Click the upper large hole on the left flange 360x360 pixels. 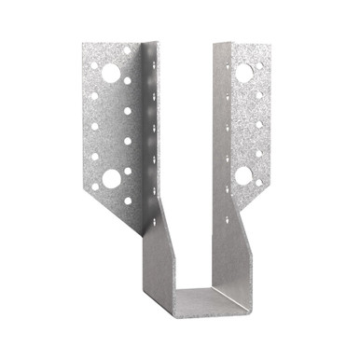coord(111,72)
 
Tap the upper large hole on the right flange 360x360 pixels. coord(244,72)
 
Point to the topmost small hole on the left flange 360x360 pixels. coord(127,49)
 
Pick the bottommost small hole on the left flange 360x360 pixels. coord(128,200)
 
